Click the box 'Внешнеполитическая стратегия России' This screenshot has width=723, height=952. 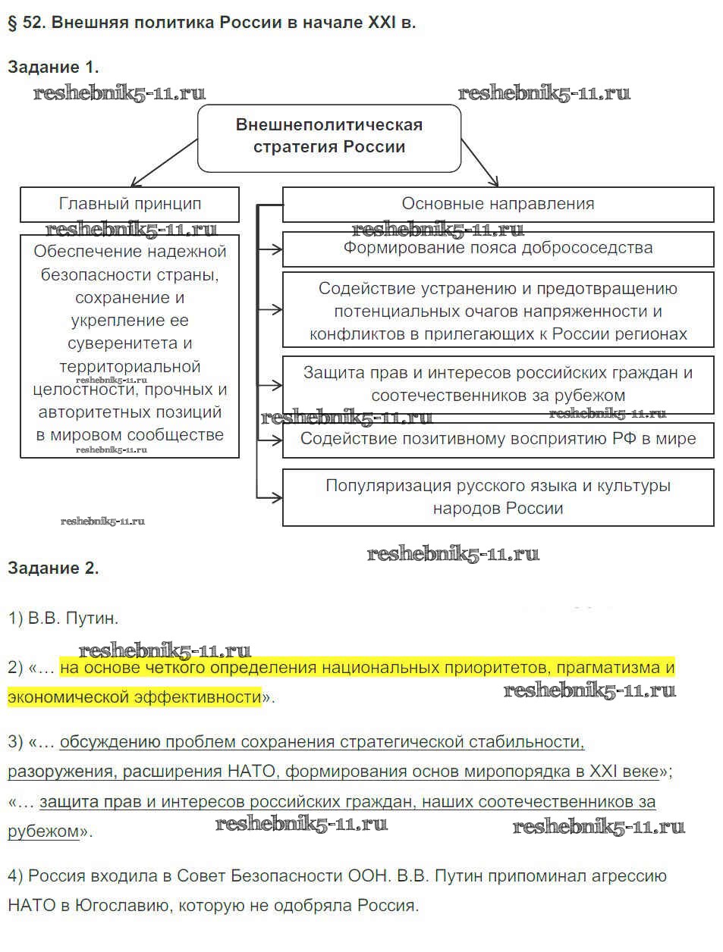click(328, 136)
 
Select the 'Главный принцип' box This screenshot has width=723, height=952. click(130, 204)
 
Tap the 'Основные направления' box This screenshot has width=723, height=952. click(498, 204)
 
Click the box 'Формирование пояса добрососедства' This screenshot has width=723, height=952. click(498, 248)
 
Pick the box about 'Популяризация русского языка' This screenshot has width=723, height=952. click(498, 496)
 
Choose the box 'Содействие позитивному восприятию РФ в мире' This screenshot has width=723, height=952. click(498, 439)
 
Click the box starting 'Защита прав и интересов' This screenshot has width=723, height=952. click(498, 384)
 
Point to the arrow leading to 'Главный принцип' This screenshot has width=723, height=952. click(163, 163)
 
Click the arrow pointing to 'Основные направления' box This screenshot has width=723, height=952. click(479, 163)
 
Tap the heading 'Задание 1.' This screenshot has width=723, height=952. click(53, 67)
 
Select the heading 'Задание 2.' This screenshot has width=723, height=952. click(53, 568)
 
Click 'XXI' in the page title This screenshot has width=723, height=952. click(382, 22)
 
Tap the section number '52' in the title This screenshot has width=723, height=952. click(33, 22)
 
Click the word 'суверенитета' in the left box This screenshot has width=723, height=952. click(130, 343)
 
